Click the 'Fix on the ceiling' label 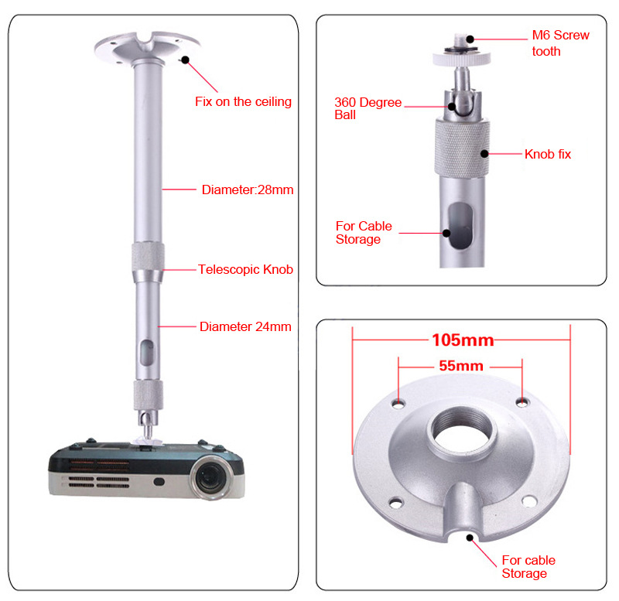click(243, 101)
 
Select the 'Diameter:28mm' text click(247, 190)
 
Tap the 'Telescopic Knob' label click(245, 269)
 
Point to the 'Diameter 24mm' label click(245, 326)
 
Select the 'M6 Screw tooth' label click(559, 43)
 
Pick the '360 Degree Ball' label click(368, 108)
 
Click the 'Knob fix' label click(547, 154)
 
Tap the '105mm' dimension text click(462, 340)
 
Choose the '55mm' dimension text click(461, 366)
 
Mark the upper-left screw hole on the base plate click(399, 403)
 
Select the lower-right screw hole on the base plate click(528, 501)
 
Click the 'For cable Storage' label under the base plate click(528, 566)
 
